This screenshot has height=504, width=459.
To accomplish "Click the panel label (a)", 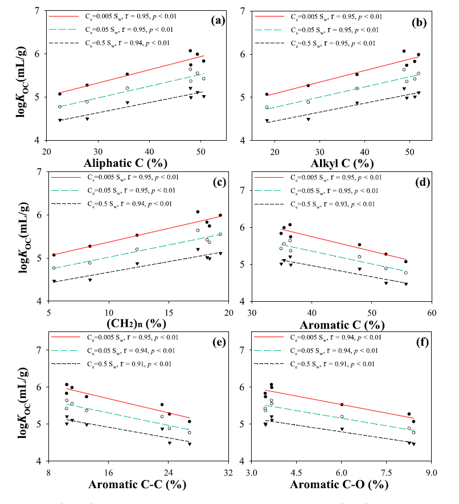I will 217,21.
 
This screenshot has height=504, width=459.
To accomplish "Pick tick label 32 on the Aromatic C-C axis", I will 228,472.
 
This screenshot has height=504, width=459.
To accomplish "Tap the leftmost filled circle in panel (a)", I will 60,94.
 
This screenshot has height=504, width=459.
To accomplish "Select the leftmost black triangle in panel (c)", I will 54,281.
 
